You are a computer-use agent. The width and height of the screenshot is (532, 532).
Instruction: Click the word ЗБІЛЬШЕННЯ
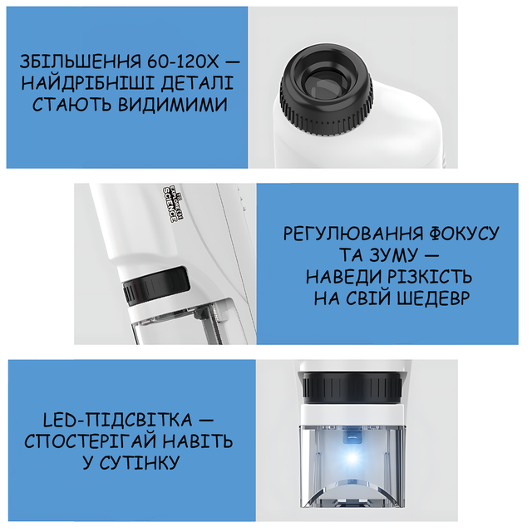[x=81, y=62]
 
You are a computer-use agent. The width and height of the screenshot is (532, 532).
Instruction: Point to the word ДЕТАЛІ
[x=197, y=83]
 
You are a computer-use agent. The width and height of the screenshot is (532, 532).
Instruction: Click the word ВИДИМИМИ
[x=173, y=104]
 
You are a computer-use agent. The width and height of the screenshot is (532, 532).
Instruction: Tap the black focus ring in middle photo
[x=156, y=286]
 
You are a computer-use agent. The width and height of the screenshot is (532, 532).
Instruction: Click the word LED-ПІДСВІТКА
[x=118, y=420]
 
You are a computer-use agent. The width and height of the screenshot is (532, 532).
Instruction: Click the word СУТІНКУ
[x=139, y=462]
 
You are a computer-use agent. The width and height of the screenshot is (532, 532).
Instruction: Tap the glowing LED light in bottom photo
[x=352, y=458]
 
